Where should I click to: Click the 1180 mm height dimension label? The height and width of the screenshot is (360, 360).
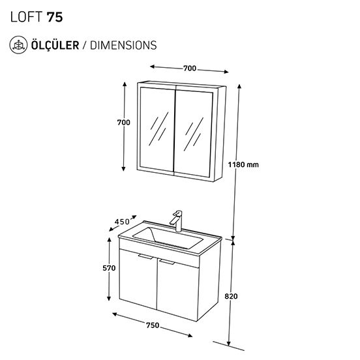243,164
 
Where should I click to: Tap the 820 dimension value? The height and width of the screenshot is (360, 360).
231,296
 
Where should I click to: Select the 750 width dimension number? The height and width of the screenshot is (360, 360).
153,325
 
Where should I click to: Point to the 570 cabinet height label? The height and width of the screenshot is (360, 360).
109,268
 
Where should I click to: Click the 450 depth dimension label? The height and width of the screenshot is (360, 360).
122,222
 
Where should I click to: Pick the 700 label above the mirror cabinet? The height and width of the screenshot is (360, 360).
190,68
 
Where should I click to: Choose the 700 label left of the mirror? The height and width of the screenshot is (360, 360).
123,123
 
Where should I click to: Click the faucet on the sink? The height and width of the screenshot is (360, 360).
176,221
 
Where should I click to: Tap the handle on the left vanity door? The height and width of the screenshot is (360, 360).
146,257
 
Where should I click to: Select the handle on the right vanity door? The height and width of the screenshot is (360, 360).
167,262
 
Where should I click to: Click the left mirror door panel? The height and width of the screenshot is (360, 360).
157,129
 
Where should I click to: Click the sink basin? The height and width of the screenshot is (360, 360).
168,238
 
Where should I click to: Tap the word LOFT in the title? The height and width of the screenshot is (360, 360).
26,17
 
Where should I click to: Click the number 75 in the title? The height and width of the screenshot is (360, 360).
55,17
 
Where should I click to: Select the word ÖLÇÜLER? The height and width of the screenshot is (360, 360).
55,45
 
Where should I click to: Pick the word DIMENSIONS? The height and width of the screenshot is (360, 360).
123,45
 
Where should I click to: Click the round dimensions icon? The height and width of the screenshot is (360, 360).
18,45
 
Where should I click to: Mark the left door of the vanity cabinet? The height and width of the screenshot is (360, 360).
138,279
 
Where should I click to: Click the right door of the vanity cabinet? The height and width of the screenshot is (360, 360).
178,290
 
